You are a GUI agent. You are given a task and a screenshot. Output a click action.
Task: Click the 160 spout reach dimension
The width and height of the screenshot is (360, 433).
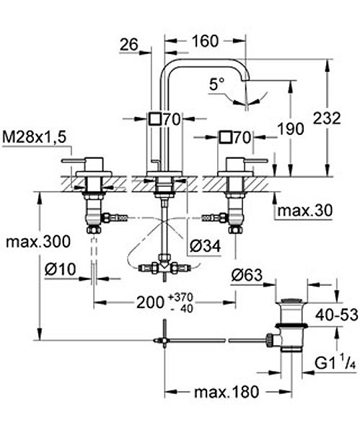(x=205, y=41)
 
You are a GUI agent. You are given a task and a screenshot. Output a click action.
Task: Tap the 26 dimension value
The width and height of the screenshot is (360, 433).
(x=129, y=45)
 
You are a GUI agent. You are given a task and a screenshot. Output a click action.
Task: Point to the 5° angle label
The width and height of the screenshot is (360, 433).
(x=216, y=84)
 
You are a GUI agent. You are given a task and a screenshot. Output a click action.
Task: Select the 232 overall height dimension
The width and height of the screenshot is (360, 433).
(x=327, y=118)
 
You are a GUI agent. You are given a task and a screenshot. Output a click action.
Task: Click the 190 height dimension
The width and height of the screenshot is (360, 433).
(x=291, y=129)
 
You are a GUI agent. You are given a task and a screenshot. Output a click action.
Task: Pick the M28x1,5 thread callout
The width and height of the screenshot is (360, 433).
(x=35, y=137)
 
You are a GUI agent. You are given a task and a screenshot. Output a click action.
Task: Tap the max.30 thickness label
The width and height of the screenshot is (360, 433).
(x=305, y=211)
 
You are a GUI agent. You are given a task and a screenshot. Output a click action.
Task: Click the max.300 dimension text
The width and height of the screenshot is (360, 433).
(x=38, y=242)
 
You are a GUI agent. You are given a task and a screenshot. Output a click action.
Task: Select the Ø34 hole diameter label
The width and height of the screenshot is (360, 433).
(x=206, y=245)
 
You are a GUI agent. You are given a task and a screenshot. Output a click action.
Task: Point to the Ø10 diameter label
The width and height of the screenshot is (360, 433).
(x=60, y=269)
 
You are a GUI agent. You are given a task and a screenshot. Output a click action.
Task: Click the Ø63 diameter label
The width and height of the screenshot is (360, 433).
(x=247, y=275)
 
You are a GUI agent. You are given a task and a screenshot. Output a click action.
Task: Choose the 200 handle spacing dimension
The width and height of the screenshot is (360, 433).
(x=151, y=302)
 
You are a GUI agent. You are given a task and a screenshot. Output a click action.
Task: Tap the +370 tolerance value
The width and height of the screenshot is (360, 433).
(x=181, y=297)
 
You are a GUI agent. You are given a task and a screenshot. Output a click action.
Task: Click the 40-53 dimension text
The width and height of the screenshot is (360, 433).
(x=337, y=315)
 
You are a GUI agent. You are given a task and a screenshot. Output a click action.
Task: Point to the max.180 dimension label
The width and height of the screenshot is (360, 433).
(x=227, y=392)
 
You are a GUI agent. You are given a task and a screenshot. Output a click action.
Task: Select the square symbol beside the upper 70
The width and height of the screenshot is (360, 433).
(x=155, y=119)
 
